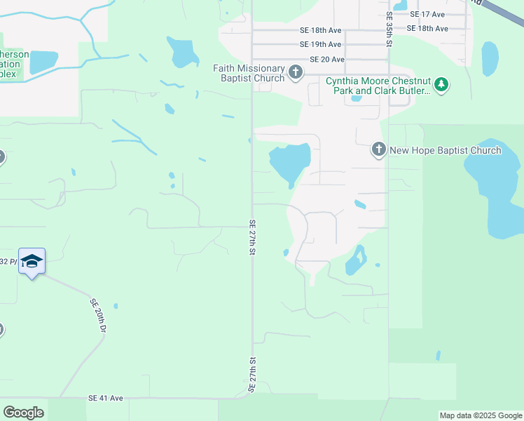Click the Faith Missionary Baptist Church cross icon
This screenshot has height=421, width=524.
pyautogui.click(x=296, y=72)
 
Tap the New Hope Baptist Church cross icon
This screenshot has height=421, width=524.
pyautogui.click(x=378, y=150)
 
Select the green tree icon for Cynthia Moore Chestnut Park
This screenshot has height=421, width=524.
pyautogui.click(x=441, y=85)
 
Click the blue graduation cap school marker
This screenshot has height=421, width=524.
pyautogui.click(x=32, y=262)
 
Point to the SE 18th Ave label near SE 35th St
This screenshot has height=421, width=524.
pyautogui.click(x=427, y=29)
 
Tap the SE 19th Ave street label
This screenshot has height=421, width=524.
pyautogui.click(x=320, y=44)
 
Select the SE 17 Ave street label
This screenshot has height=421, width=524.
pyautogui.click(x=427, y=14)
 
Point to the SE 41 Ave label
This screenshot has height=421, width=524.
pyautogui.click(x=106, y=398)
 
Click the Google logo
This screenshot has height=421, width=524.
pyautogui.click(x=23, y=412)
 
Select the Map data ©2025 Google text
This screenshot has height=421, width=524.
pyautogui.click(x=481, y=415)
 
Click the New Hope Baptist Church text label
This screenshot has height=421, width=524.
pyautogui.click(x=445, y=150)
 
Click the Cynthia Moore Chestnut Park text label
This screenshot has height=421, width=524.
pyautogui.click(x=378, y=86)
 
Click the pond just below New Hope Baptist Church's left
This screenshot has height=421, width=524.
pyautogui.click(x=289, y=163)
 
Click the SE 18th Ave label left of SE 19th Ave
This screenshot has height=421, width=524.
pyautogui.click(x=320, y=30)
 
